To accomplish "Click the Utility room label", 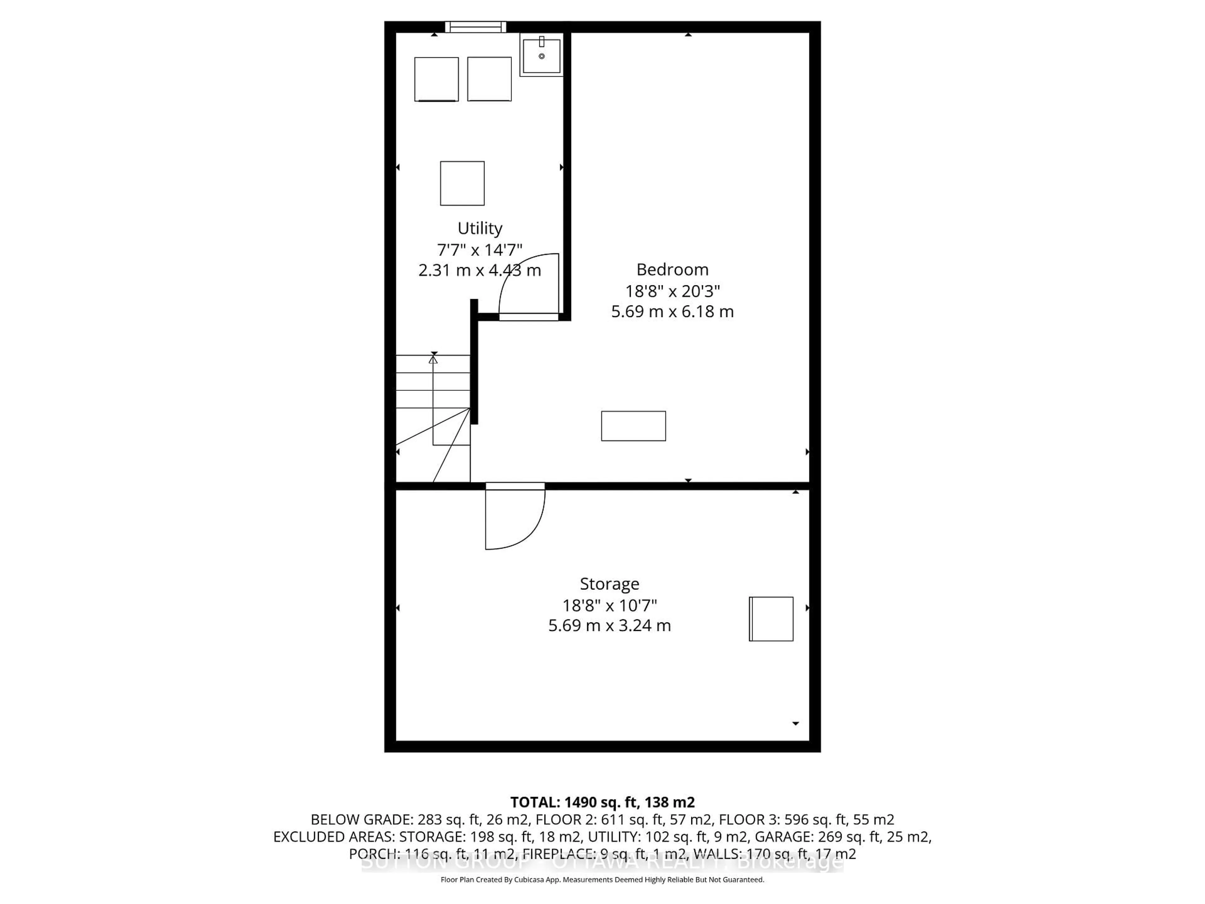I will click(479, 228).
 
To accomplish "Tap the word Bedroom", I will click(672, 269).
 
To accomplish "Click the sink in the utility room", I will click(542, 56).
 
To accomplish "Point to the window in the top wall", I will click(476, 27).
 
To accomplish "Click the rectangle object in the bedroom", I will click(633, 426).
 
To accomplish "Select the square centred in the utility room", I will click(462, 183).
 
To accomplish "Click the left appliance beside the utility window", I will click(436, 79).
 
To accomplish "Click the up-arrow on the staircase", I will click(433, 360).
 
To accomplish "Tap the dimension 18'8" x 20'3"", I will click(672, 291).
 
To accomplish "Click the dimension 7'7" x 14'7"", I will click(479, 250).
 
